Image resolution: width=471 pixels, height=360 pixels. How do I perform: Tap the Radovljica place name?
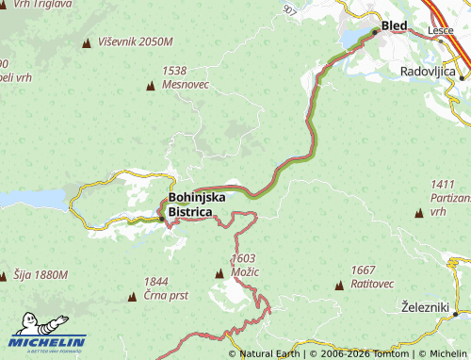tap(429, 72)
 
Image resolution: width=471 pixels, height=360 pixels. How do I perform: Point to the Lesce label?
tap(440, 30)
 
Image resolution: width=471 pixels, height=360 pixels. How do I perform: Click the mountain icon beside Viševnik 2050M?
tap(88, 42)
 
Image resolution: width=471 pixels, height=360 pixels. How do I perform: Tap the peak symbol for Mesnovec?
tap(151, 87)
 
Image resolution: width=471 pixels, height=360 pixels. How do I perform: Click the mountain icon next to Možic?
tap(219, 273)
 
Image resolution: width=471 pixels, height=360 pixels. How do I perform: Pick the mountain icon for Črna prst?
tap(131, 296)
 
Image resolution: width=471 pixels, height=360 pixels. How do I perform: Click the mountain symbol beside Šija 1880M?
tap(5, 275)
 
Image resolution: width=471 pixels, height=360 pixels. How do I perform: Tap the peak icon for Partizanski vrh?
tap(418, 215)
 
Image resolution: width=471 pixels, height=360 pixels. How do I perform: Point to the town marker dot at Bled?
tap(375, 31)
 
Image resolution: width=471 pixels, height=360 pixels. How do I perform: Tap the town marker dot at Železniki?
tap(456, 313)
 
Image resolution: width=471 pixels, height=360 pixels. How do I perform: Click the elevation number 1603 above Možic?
tap(243, 258)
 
